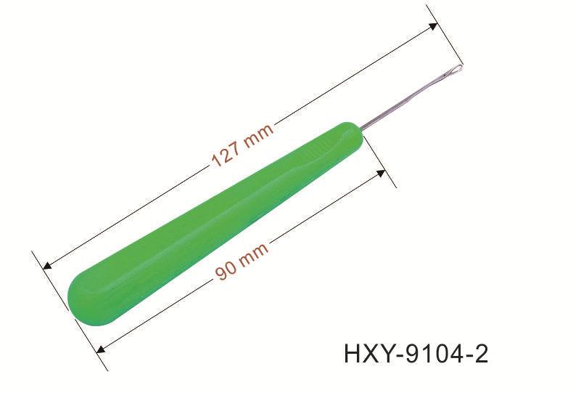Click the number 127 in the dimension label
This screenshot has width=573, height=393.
coord(227,154)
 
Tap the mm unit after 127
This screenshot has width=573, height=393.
coord(258,136)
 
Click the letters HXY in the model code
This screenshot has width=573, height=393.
coord(369,354)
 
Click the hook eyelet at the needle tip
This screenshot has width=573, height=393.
coord(453,70)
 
